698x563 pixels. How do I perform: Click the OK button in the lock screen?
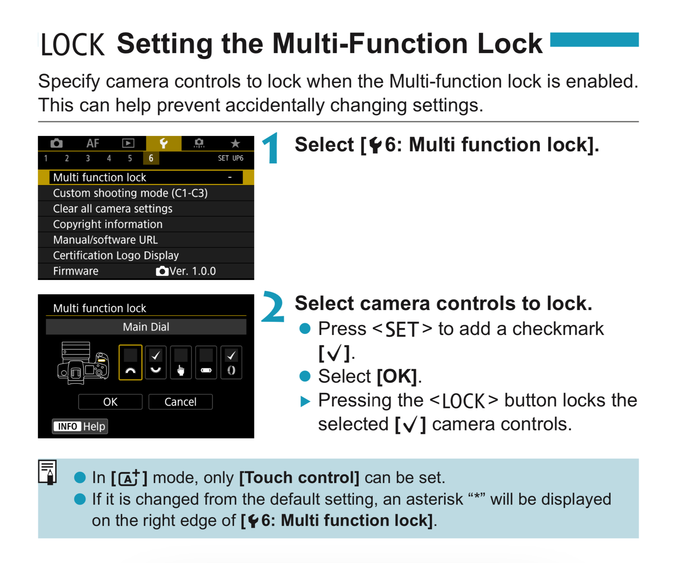coord(110,402)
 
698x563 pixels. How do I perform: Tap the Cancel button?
coord(180,402)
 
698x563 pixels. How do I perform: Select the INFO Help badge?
coord(80,426)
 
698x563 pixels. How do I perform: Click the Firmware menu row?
coord(146,271)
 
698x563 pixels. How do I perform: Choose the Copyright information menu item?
coord(146,224)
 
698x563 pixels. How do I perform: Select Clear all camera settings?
coord(146,209)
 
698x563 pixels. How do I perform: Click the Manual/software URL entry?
coord(146,240)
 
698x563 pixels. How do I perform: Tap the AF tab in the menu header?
coord(93,143)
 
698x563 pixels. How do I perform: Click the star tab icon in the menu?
coord(235,143)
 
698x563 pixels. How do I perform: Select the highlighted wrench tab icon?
coord(164,143)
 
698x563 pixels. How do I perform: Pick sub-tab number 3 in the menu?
coord(88,158)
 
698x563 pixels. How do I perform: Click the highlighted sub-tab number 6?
coord(151,158)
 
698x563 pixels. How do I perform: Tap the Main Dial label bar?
coord(146,327)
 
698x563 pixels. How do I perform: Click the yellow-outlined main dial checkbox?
coord(131,362)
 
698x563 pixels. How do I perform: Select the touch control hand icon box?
coord(181,362)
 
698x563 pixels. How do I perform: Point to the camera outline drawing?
coord(83,363)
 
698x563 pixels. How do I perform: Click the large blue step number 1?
coord(272,148)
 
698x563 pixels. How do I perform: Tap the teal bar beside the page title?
coord(594,40)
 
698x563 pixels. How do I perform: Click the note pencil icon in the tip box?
coord(48,472)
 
